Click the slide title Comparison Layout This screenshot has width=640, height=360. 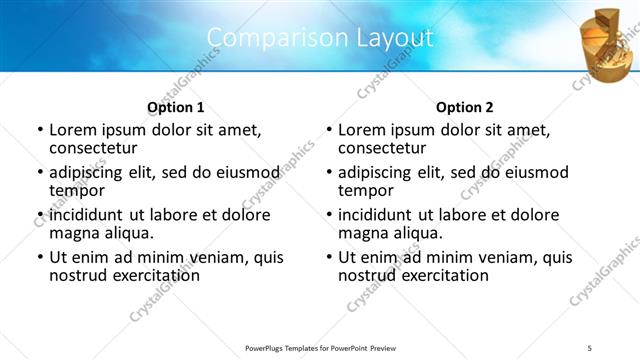(x=320, y=38)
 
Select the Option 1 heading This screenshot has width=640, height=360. (x=175, y=107)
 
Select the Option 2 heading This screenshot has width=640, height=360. (x=464, y=107)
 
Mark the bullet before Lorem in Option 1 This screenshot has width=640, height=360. (x=39, y=130)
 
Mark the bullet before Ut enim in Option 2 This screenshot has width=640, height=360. (x=328, y=257)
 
